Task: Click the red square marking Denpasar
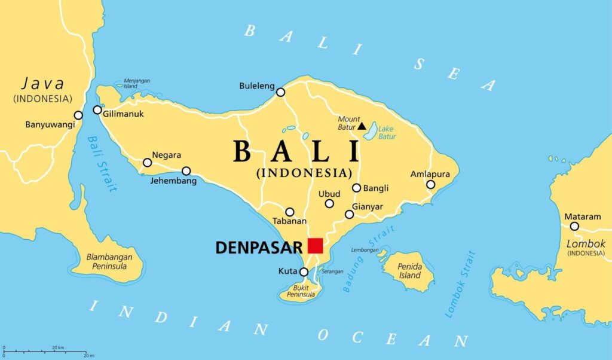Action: coord(315,245)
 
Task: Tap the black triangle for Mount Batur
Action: coord(362,126)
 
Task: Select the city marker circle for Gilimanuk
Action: coord(97,110)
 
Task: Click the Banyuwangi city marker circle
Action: coord(78,115)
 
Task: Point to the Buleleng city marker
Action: coord(280,92)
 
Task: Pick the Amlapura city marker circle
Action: coord(430,184)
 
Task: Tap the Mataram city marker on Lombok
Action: coord(574,226)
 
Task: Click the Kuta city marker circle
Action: coord(304,272)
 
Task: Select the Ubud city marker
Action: coord(329,204)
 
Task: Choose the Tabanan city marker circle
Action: coord(290,212)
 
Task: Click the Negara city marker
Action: coord(147,163)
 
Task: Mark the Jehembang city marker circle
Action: coord(186,171)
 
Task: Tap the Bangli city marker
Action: coord(356,188)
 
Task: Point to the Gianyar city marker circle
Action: coord(349,214)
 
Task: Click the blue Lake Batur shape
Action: coord(372,130)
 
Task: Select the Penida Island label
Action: coord(410,271)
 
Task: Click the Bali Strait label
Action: coord(100,164)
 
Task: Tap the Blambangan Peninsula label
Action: coord(109,261)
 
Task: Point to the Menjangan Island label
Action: coord(137,83)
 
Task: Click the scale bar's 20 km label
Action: coord(58,347)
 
